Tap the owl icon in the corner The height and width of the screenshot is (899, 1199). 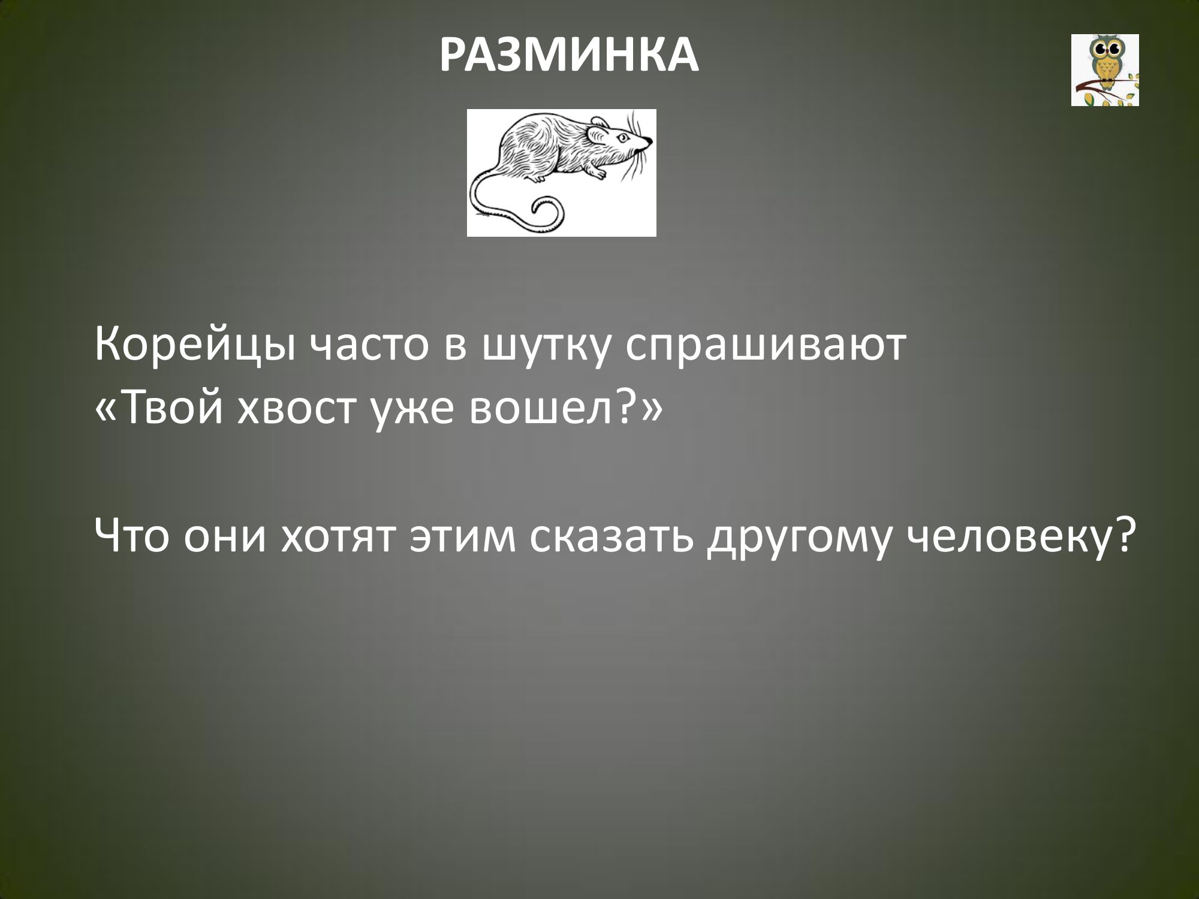(1105, 70)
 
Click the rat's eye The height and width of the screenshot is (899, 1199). (624, 138)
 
